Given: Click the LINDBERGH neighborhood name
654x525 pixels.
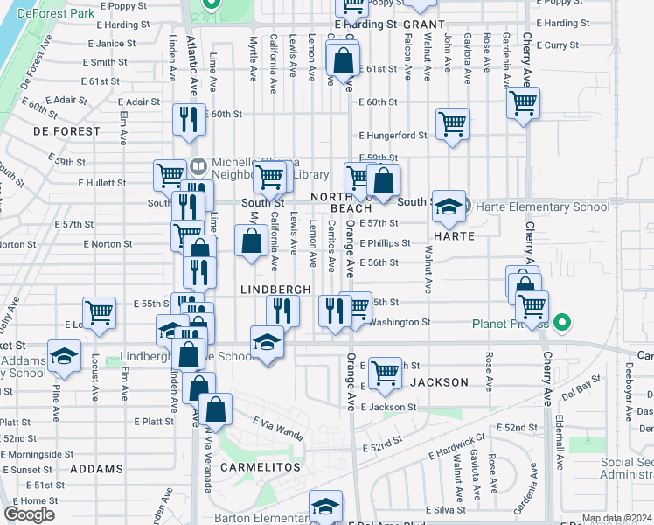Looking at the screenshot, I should pyautogui.click(x=276, y=289).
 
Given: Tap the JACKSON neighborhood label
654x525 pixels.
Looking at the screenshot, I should pyautogui.click(x=440, y=382).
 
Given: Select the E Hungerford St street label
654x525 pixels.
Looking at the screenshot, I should pyautogui.click(x=393, y=136).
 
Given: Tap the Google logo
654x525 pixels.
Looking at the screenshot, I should pyautogui.click(x=30, y=514).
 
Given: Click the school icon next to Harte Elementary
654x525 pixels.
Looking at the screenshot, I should pyautogui.click(x=449, y=206).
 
